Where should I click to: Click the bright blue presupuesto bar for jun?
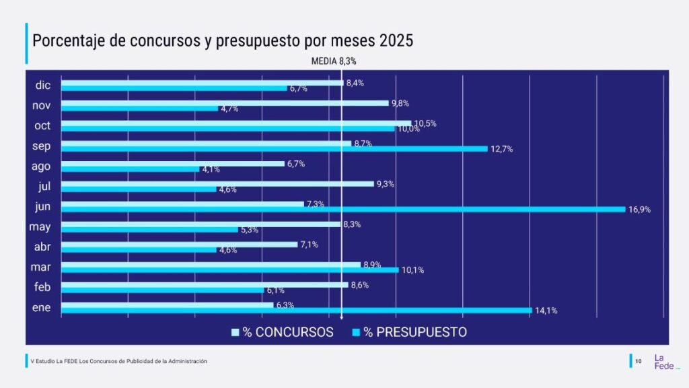(x=343, y=209)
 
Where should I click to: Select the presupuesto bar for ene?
(x=296, y=311)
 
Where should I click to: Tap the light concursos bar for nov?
(x=225, y=103)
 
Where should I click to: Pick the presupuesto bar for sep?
(x=274, y=149)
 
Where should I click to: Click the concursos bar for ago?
(x=173, y=164)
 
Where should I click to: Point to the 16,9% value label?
(x=639, y=209)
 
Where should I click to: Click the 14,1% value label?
(x=546, y=311)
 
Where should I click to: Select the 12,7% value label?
(x=501, y=149)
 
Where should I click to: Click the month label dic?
(x=43, y=86)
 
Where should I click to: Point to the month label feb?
(x=42, y=288)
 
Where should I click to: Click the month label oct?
(x=42, y=126)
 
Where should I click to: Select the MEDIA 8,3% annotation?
(x=333, y=61)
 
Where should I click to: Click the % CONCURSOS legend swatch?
(x=235, y=332)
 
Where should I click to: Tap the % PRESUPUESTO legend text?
(x=415, y=332)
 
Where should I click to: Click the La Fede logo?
(x=662, y=362)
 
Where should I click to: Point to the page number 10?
(x=639, y=362)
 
